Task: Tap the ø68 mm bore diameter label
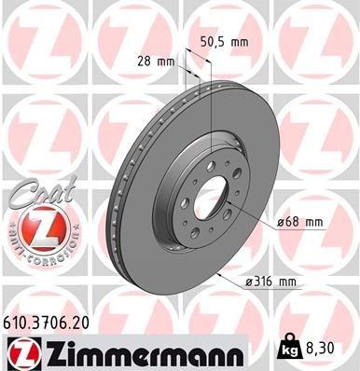[x=299, y=222]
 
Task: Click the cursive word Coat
[x=31, y=191]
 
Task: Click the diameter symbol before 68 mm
[x=280, y=222]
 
